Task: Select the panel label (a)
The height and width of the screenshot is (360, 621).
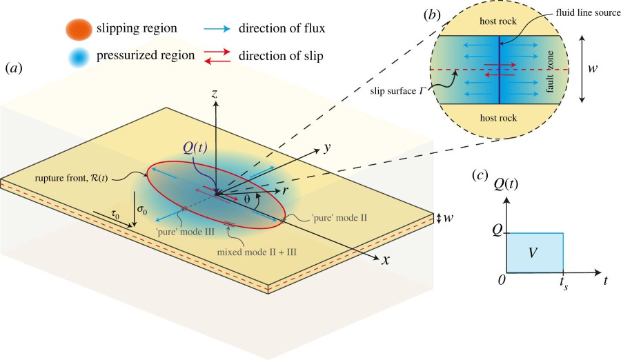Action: (16, 68)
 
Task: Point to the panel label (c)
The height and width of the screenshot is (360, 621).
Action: (483, 175)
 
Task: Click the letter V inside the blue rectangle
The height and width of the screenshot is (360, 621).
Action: (535, 253)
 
